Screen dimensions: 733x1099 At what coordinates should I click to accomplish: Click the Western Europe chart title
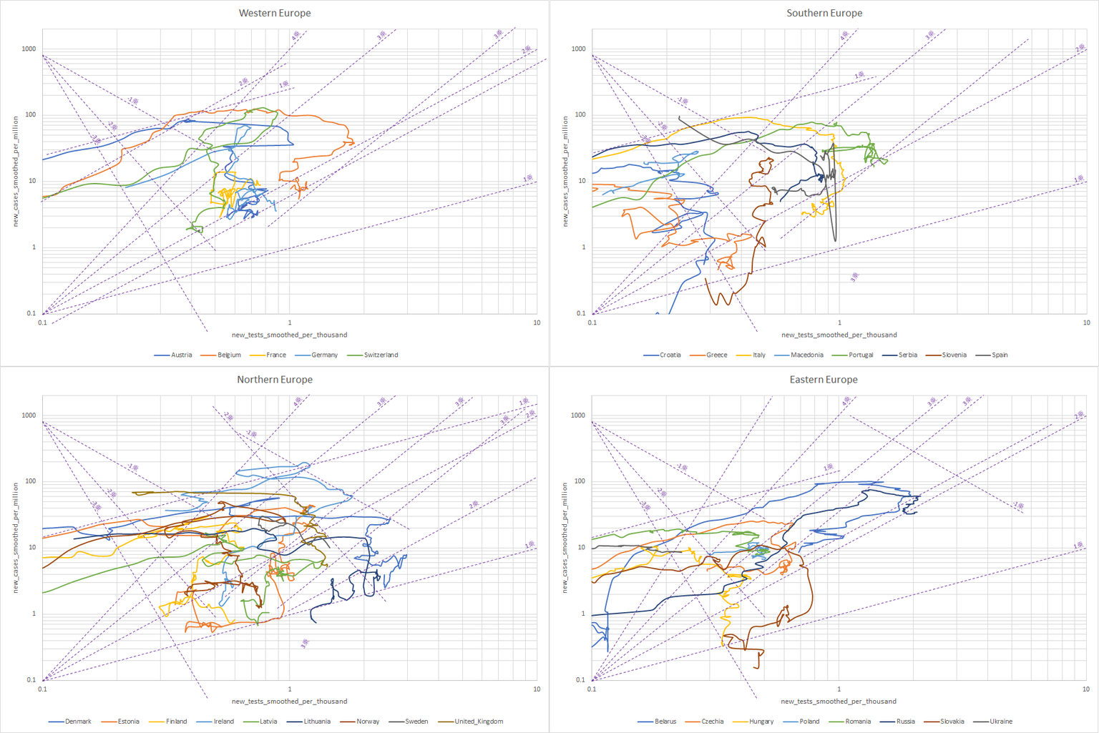pyautogui.click(x=275, y=13)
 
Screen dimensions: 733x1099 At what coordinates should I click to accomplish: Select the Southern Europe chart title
pyautogui.click(x=824, y=13)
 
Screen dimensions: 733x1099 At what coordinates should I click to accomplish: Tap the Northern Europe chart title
pyautogui.click(x=275, y=380)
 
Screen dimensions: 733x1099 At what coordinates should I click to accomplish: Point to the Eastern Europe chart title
pyautogui.click(x=824, y=380)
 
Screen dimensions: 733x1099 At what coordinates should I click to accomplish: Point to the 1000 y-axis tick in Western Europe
pyautogui.click(x=29, y=49)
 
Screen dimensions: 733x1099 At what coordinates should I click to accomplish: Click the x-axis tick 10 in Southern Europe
pyautogui.click(x=1086, y=323)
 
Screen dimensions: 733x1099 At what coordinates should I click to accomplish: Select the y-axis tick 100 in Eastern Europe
pyautogui.click(x=580, y=481)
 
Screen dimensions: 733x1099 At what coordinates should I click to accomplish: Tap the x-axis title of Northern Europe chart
pyautogui.click(x=289, y=702)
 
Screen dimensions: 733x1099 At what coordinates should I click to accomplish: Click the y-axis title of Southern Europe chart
pyautogui.click(x=565, y=172)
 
